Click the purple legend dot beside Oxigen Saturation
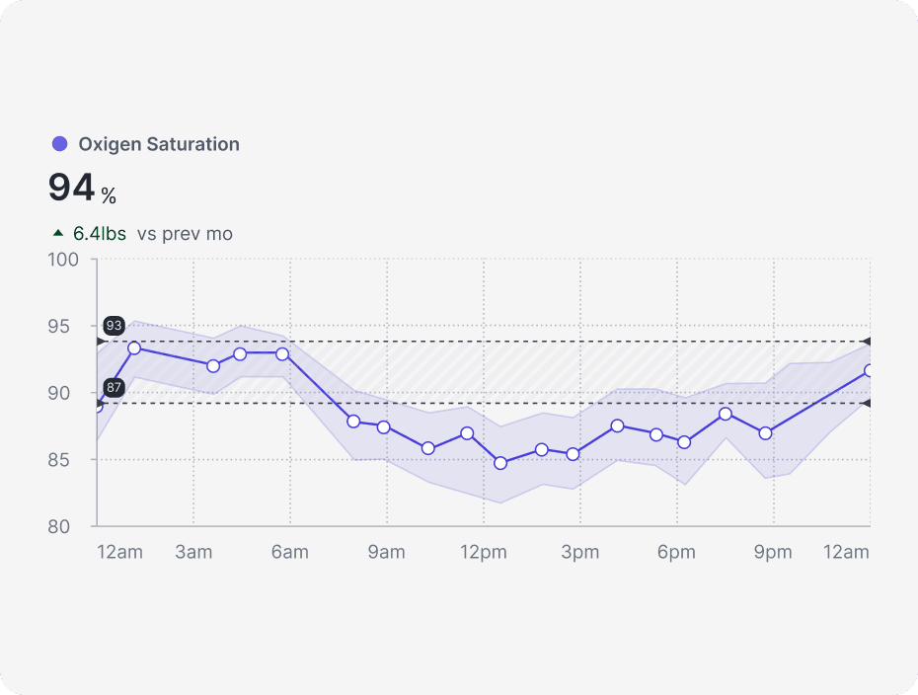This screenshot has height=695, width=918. click(x=59, y=144)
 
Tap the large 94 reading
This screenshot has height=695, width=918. click(x=72, y=188)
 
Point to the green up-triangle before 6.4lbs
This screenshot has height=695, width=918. click(x=58, y=234)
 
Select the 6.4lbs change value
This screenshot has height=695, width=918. click(x=100, y=234)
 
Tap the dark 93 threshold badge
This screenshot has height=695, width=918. click(x=114, y=326)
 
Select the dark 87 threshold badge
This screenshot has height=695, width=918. click(x=114, y=387)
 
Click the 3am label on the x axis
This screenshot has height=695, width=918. click(x=193, y=552)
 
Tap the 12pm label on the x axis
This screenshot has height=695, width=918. click(x=483, y=552)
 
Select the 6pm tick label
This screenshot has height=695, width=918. click(x=676, y=552)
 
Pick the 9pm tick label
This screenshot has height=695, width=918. click(x=773, y=552)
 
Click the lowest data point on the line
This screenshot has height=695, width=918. click(x=500, y=463)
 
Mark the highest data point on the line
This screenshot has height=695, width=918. click(x=134, y=347)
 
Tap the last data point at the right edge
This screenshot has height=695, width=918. click(x=870, y=371)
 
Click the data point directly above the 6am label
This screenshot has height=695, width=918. click(x=282, y=353)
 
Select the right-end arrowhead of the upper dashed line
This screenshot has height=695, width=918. click(x=866, y=342)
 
